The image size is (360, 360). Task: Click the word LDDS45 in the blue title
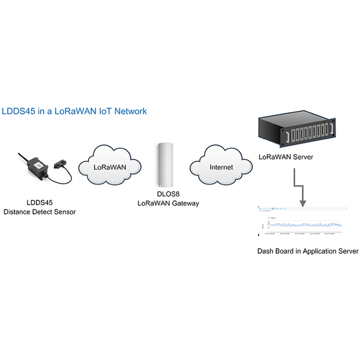click(18, 111)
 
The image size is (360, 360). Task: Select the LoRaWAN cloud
click(109, 166)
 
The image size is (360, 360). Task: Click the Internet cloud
click(221, 167)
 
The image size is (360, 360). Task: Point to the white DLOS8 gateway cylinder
click(165, 165)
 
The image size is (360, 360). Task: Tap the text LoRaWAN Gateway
click(168, 203)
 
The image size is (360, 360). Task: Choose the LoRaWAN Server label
click(286, 157)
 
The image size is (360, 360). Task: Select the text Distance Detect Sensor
click(40, 211)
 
